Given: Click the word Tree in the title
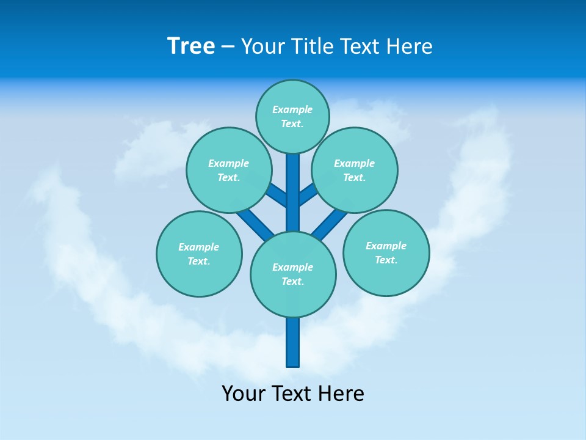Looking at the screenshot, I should pyautogui.click(x=191, y=46).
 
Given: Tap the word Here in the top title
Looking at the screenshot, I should pyautogui.click(x=410, y=46).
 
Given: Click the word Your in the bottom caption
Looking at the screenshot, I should pyautogui.click(x=243, y=394).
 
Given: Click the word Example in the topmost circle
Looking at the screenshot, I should pyautogui.click(x=292, y=109).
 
